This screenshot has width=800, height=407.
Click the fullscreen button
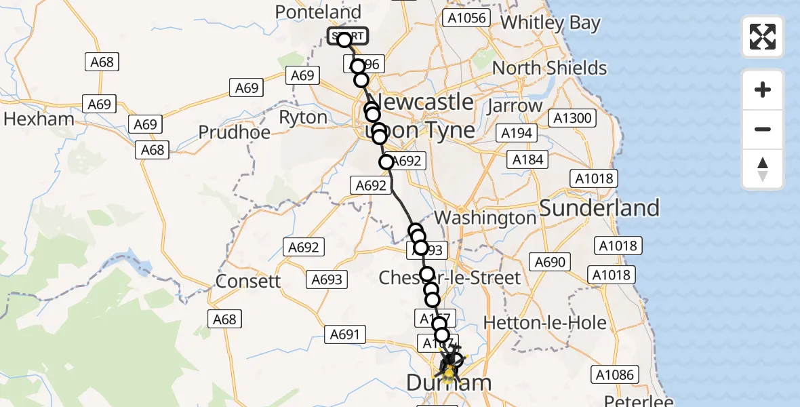click(x=763, y=36)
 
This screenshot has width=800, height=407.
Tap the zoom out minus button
click(x=763, y=129)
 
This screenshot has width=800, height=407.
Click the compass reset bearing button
click(x=763, y=169)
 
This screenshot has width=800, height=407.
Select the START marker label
click(x=348, y=36)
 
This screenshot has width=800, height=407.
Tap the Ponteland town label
click(x=318, y=12)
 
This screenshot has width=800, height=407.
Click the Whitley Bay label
click(x=551, y=23)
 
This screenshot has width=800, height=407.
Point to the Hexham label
click(x=39, y=119)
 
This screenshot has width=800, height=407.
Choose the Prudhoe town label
click(x=235, y=132)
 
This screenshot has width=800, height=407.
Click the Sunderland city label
click(x=599, y=208)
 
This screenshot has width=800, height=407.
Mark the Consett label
click(x=247, y=281)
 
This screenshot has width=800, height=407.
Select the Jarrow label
click(x=516, y=106)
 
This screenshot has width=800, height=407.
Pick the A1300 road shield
click(x=573, y=118)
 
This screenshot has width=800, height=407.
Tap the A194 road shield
click(x=516, y=133)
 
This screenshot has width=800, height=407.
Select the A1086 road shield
click(x=614, y=374)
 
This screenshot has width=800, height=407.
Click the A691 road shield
click(x=347, y=334)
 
